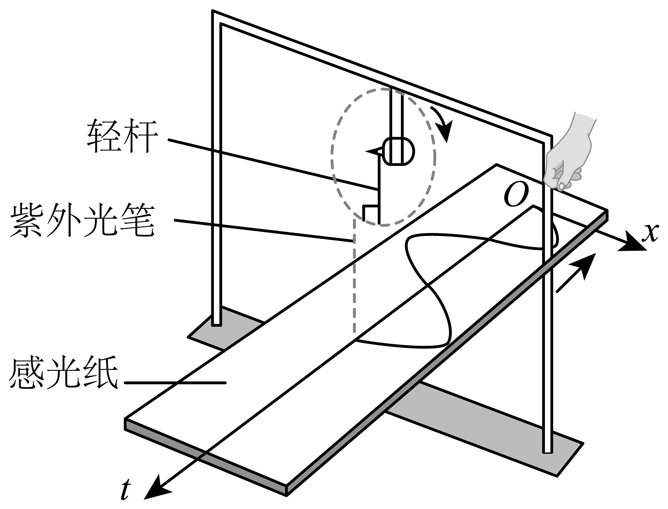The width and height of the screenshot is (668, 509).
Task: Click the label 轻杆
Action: pos(122,137)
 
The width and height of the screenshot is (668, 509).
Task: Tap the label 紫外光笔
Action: pos(82,221)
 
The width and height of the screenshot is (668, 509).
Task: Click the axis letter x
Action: pos(650,233)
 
